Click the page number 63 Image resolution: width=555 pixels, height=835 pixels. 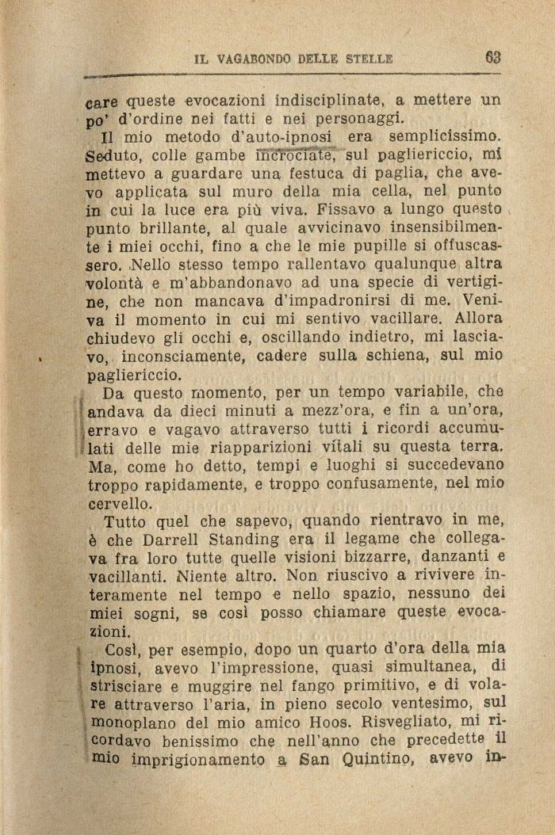pyautogui.click(x=492, y=58)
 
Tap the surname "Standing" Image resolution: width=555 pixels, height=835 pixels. pyautogui.click(x=252, y=538)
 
